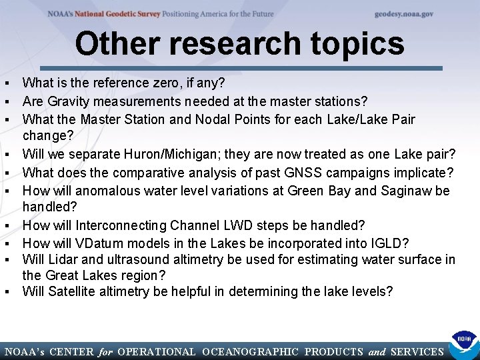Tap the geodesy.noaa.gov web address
point(404,13)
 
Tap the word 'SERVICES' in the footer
point(417,351)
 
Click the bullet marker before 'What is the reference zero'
point(6,84)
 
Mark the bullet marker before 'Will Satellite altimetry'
point(6,292)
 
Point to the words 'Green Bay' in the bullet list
point(314,191)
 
